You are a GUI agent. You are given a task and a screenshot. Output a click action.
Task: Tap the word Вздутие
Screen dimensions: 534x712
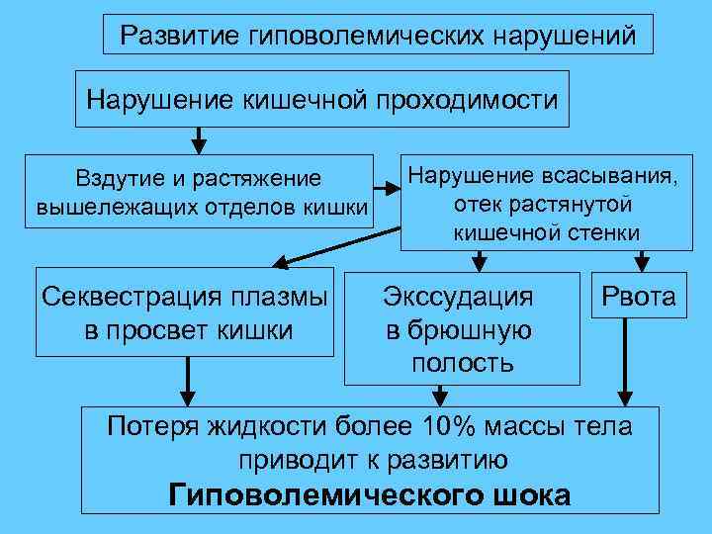point(110,178)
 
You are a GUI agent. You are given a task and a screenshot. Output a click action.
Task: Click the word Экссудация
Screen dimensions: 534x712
point(459,297)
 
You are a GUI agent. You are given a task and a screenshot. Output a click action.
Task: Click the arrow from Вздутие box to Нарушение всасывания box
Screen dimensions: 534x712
point(386,183)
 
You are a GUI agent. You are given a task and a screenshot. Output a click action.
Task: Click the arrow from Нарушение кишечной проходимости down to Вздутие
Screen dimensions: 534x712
point(199,139)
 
